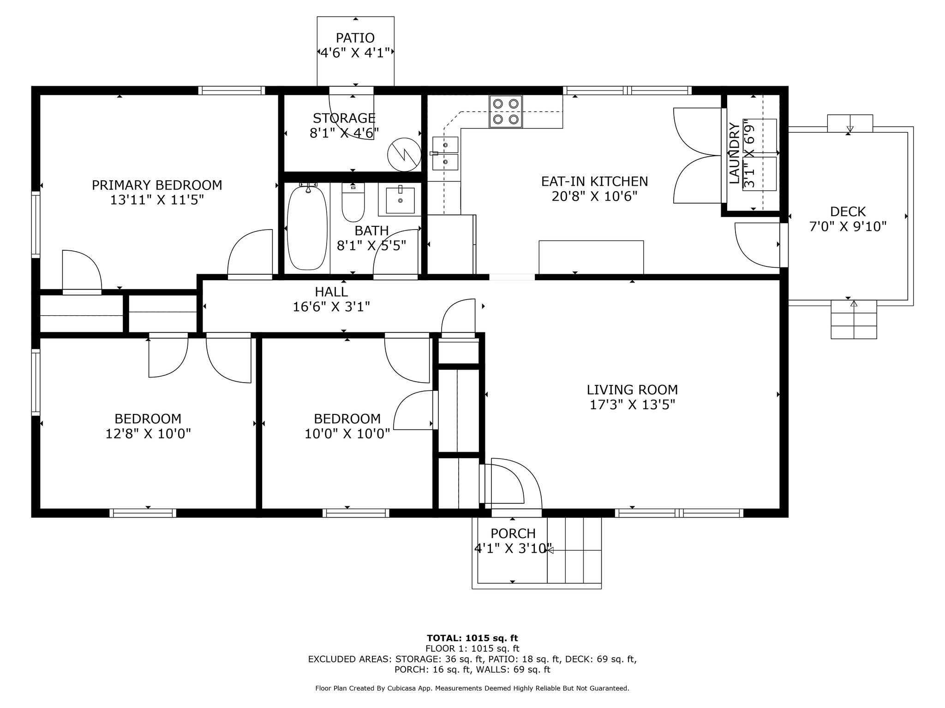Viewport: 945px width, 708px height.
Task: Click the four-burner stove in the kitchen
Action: click(506, 112)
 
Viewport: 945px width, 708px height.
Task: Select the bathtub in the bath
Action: click(307, 227)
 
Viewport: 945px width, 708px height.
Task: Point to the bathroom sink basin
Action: click(400, 201)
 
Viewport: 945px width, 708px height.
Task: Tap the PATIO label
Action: click(355, 38)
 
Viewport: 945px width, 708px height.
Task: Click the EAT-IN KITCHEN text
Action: click(594, 182)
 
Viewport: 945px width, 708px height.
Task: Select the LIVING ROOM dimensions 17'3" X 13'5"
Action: click(633, 405)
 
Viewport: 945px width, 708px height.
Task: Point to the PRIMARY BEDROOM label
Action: click(157, 185)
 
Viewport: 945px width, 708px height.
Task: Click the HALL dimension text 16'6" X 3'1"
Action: click(332, 307)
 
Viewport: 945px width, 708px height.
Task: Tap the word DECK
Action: click(848, 212)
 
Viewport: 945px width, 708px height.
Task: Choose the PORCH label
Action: click(513, 534)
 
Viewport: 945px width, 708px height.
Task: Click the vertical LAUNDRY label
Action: click(735, 153)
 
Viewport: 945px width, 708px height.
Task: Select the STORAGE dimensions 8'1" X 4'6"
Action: click(344, 133)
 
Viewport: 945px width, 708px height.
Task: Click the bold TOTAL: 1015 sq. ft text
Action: click(472, 638)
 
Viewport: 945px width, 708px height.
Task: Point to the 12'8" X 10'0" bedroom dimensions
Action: click(148, 434)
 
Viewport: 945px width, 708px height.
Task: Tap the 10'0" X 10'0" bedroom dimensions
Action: click(347, 434)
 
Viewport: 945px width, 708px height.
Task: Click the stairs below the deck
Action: click(854, 319)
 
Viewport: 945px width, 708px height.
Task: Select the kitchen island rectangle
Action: click(591, 257)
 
